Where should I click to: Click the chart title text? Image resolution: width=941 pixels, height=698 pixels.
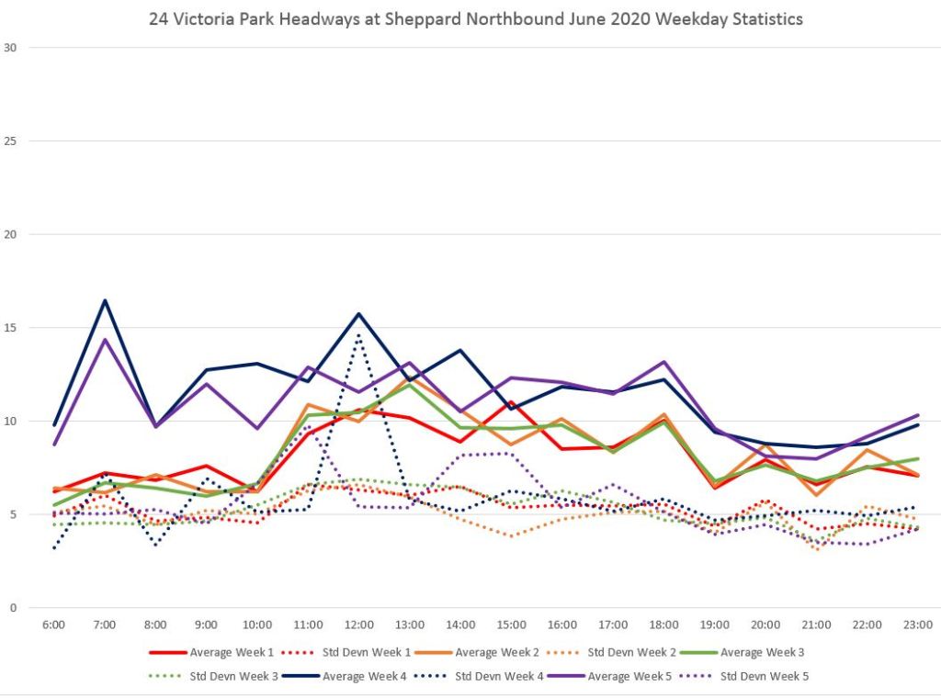(475, 18)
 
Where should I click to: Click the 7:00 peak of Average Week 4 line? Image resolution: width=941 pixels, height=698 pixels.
(105, 300)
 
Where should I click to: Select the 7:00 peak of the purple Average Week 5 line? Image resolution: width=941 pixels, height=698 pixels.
(105, 340)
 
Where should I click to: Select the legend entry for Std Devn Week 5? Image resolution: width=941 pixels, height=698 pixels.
(748, 677)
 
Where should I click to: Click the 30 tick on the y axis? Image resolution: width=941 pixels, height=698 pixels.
(11, 47)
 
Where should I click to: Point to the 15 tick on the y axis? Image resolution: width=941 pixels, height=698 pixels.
(11, 328)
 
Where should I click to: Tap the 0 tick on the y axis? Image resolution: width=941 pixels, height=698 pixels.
(14, 608)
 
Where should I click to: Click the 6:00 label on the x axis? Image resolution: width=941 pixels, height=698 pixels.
(54, 625)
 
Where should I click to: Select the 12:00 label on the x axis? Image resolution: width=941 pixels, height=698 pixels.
(358, 625)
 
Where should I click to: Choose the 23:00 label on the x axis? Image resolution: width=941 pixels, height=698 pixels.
(917, 625)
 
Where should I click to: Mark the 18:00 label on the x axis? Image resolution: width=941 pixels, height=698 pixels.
(663, 625)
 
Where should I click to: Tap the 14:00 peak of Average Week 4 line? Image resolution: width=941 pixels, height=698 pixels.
(460, 350)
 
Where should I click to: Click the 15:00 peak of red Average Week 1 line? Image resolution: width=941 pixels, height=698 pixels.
(511, 402)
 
